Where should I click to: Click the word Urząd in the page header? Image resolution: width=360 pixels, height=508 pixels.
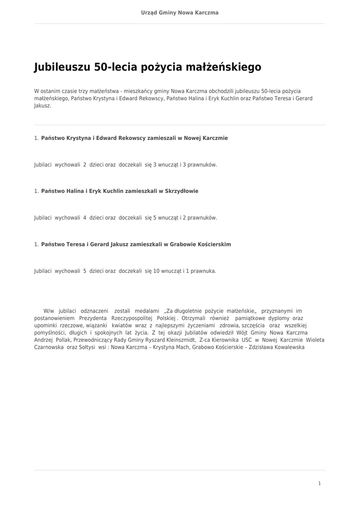[x=150, y=12]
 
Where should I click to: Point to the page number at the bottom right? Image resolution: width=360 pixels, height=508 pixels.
[x=320, y=483]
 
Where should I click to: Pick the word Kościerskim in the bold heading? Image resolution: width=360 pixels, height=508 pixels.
[x=214, y=245]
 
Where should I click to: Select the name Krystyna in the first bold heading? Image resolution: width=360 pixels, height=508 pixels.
[x=79, y=138]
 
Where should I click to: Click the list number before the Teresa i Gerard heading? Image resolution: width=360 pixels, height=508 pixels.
[x=36, y=245]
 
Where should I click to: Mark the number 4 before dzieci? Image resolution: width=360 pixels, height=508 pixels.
[x=85, y=218]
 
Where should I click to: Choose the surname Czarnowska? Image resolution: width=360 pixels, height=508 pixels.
[x=49, y=347]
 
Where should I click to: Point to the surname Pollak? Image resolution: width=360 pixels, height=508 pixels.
[x=63, y=340]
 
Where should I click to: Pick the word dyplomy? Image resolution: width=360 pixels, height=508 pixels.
[x=279, y=317]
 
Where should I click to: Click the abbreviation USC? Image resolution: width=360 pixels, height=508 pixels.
[x=247, y=340]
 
